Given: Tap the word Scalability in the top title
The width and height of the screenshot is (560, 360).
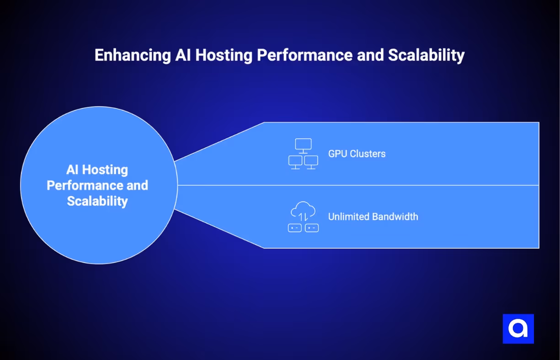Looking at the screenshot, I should pos(426,55).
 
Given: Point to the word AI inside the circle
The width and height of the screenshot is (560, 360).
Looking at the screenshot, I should pos(72,170).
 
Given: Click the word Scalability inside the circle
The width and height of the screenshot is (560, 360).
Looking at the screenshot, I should pos(97,201).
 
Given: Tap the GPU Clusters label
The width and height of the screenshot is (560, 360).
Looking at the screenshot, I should pos(357,154).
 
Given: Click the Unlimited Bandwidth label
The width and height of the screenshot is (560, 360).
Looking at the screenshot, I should pos(373,216).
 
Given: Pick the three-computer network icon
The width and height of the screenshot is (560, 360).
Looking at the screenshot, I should pos(303,154).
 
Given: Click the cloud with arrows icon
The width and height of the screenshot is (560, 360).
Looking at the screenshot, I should pos(303,211).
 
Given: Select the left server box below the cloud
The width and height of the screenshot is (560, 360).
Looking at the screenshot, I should pos(295,228).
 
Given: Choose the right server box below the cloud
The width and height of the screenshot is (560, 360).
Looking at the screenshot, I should pos(312,228).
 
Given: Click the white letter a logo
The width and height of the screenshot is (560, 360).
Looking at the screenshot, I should pos(518,328).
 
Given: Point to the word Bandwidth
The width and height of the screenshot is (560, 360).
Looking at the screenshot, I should pos(395,216).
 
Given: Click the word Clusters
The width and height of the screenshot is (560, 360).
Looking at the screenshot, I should pos(368,154).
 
